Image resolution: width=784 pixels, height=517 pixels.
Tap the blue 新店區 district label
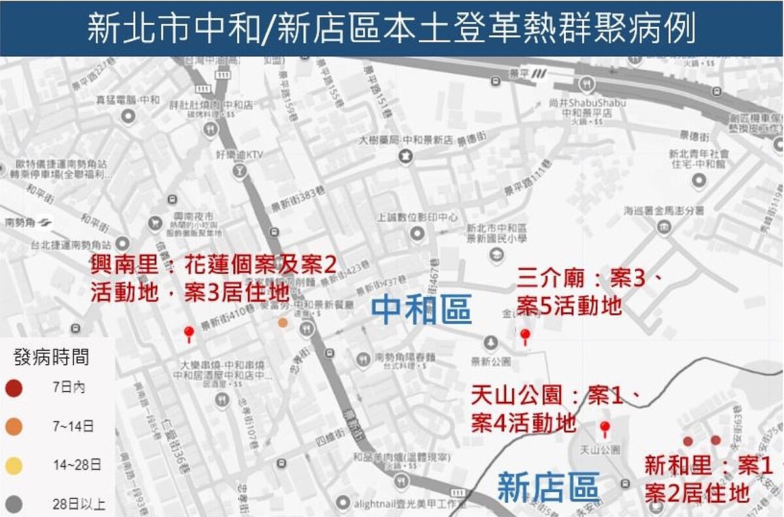[548, 488]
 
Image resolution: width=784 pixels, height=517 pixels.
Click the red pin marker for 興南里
[189, 333]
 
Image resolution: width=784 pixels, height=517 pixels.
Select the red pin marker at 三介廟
[525, 336]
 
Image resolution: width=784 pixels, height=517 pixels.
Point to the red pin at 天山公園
[605, 429]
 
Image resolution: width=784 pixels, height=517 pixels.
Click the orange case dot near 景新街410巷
[282, 322]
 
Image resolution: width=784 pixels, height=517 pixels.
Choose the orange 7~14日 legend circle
[13, 427]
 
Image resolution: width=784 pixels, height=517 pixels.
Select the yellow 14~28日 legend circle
[13, 465]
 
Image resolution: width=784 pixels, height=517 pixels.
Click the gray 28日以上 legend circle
[13, 504]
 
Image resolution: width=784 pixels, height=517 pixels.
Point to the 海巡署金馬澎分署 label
[663, 211]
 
